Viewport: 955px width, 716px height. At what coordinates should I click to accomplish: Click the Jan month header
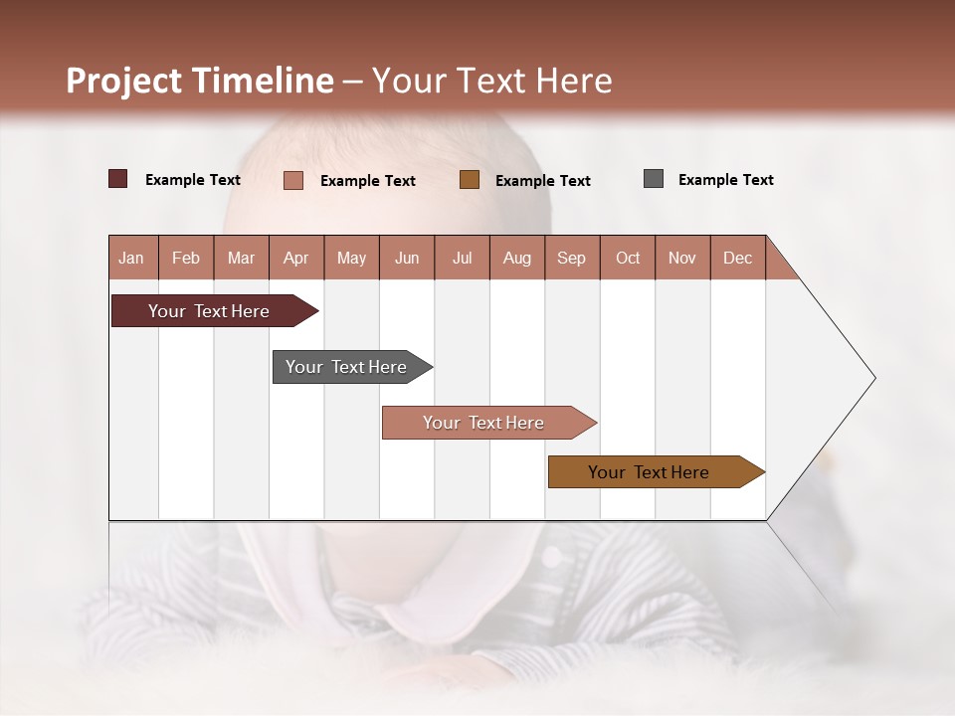click(132, 258)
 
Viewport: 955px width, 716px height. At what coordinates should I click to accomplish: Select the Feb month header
click(186, 258)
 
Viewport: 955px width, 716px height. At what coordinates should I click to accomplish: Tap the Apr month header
click(295, 258)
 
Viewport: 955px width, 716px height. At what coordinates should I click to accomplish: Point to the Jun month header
click(406, 258)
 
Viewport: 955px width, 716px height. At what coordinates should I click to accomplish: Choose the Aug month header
click(516, 258)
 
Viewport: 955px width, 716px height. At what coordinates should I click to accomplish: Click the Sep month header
click(571, 258)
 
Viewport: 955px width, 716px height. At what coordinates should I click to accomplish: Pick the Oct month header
click(627, 258)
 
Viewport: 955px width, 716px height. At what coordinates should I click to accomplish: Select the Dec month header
click(737, 258)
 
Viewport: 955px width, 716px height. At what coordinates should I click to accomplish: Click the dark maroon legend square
click(118, 179)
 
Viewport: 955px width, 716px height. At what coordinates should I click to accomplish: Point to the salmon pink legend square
click(293, 180)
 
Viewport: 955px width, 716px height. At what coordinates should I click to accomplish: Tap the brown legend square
click(470, 179)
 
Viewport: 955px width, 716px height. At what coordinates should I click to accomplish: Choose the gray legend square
click(654, 179)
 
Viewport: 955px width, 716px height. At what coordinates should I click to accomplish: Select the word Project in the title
click(123, 81)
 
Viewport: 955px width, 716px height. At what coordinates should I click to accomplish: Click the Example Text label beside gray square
click(725, 180)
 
